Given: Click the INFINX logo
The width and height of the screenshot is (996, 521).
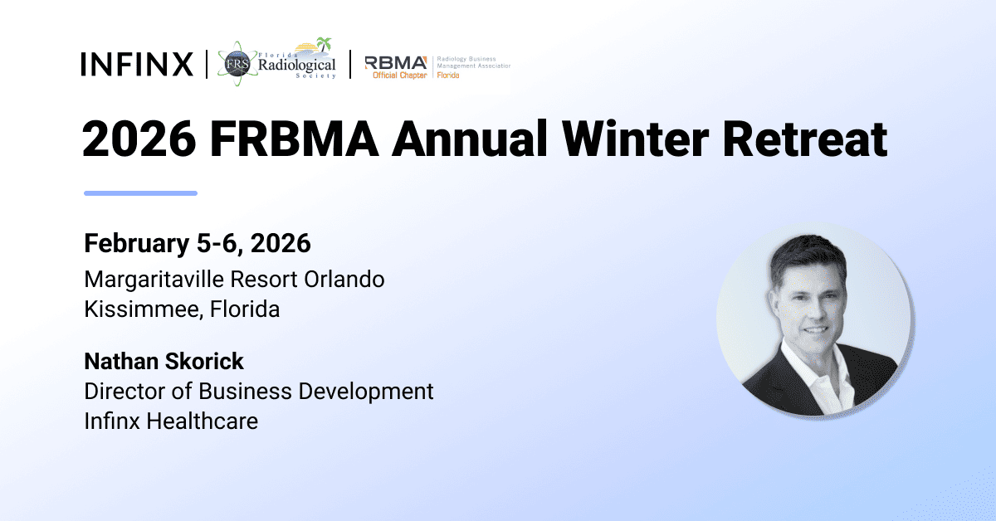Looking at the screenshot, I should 137,64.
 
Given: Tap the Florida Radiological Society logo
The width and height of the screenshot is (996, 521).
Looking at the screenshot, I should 277,62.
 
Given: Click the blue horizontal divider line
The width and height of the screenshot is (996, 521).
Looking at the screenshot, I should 140,193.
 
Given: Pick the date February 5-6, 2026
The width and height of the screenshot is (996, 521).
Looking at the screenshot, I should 198,244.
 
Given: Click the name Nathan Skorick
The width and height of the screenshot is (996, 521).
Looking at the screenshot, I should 164,361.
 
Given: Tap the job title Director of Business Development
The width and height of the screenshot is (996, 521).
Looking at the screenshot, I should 259,391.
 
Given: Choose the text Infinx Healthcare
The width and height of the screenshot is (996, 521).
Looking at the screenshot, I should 171,421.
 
